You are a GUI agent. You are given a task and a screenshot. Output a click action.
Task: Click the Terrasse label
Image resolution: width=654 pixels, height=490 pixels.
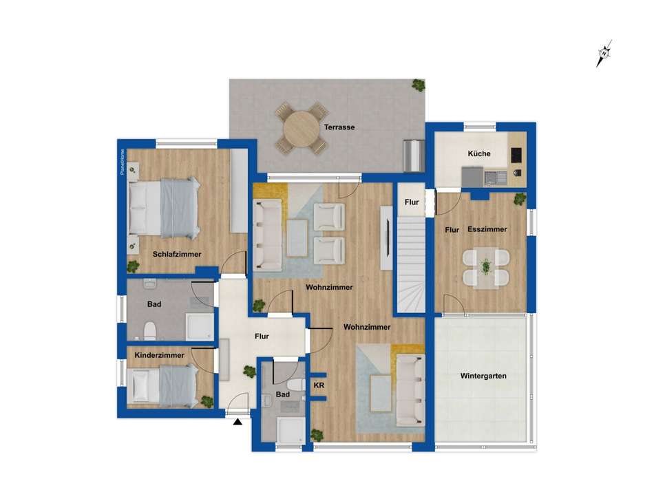pyautogui.click(x=339, y=127)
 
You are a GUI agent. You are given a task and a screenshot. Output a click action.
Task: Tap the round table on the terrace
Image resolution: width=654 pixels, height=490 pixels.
pyautogui.click(x=301, y=127)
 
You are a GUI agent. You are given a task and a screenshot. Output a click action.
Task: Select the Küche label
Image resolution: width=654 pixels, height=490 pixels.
pyautogui.click(x=479, y=153)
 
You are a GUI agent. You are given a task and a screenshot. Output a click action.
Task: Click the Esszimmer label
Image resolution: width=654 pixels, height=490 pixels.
pyautogui.click(x=487, y=229)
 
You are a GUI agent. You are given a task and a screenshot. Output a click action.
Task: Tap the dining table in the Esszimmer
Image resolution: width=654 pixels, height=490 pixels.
pyautogui.click(x=486, y=267)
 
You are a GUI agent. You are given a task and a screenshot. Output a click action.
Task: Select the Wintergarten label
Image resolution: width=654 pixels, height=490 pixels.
pyautogui.click(x=483, y=376)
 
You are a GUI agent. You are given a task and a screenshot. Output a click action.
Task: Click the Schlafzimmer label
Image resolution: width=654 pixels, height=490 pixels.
pyautogui.click(x=177, y=254)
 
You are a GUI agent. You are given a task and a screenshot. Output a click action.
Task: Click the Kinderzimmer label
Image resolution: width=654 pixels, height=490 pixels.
pyautogui.click(x=159, y=355)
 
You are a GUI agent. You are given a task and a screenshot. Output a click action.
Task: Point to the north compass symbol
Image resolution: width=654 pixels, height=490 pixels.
pyautogui.click(x=604, y=53)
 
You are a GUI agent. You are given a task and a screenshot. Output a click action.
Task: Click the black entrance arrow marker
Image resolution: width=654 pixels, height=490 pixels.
pyautogui.click(x=238, y=421)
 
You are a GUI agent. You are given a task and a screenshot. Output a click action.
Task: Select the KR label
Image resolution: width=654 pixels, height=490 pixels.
pyautogui.click(x=319, y=385)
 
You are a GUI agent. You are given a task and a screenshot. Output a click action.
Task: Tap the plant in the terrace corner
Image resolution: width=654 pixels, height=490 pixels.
pyautogui.click(x=418, y=85)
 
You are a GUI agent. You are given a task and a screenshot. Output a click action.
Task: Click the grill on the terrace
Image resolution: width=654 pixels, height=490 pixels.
pyautogui.click(x=413, y=156)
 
